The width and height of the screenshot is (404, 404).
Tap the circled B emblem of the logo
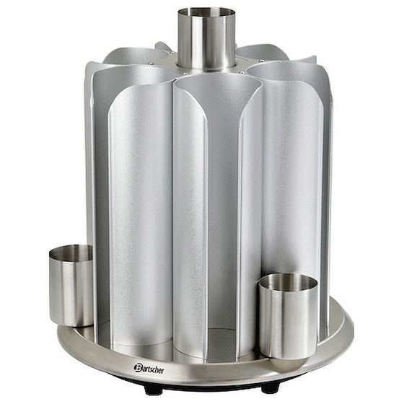[137, 367]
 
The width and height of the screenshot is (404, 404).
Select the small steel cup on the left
[71, 286]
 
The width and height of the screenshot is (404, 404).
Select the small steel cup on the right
[288, 316]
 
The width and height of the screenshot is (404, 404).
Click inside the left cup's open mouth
[71, 253]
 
